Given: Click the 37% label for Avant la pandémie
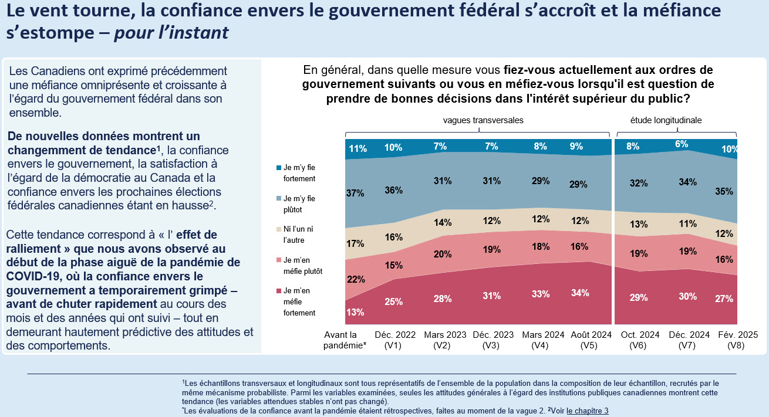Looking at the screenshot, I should (355, 193).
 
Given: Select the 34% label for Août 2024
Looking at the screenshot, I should (579, 293).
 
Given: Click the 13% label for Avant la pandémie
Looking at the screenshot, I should (355, 312).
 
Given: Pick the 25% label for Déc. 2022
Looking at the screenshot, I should (393, 302).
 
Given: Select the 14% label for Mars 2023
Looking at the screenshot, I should (443, 223).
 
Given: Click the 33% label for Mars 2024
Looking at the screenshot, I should (540, 294).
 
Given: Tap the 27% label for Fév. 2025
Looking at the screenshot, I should (724, 299).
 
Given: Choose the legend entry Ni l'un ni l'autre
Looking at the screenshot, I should (298, 233).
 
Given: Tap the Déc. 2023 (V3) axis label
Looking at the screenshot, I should (491, 340).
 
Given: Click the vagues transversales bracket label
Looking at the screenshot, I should (483, 120).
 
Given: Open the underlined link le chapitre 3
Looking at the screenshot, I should (587, 411).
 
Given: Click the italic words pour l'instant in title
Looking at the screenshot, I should (171, 33).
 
